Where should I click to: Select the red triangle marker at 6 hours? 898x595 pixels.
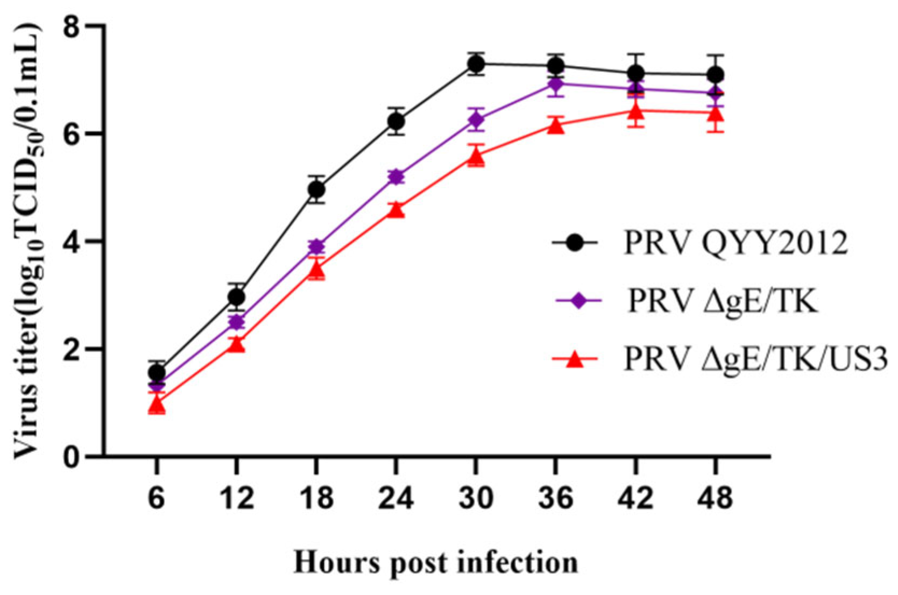point(157,405)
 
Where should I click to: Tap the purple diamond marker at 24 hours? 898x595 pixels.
point(396,176)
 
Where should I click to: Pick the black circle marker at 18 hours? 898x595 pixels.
point(316,190)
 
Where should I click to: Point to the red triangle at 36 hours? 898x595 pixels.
point(556,126)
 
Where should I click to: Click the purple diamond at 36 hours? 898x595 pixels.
point(556,84)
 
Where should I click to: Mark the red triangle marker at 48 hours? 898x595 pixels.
point(716,114)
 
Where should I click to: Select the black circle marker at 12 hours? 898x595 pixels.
point(236,297)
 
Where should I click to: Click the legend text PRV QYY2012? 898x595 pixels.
point(736,243)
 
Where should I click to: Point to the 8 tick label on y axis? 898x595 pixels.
point(72,26)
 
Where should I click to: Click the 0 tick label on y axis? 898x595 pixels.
point(72,457)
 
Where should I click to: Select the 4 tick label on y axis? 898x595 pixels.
point(72,242)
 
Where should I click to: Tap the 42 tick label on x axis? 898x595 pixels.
point(635,498)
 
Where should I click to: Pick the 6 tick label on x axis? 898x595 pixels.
point(157,498)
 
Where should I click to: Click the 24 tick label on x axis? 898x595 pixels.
point(396,498)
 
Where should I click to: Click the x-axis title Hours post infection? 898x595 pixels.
point(435,563)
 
